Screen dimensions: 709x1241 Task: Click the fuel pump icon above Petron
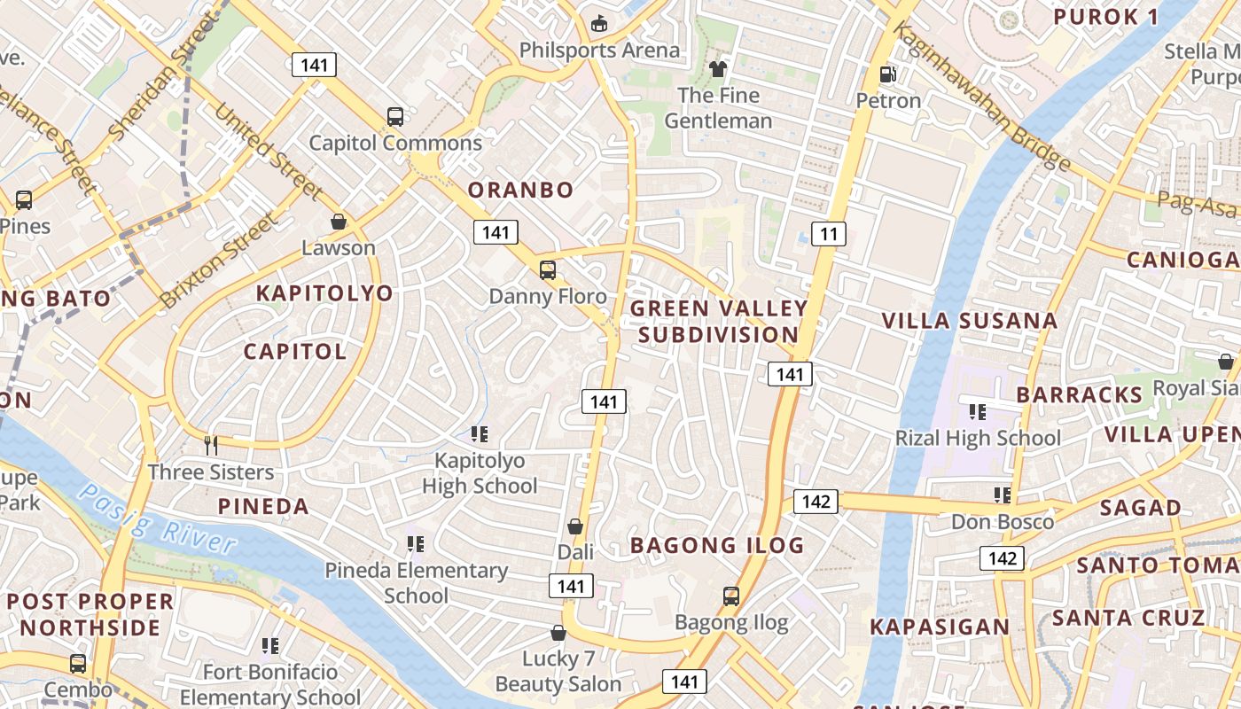click(x=886, y=74)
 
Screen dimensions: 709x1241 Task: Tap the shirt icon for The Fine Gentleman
click(x=718, y=68)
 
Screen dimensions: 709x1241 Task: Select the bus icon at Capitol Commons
click(x=395, y=116)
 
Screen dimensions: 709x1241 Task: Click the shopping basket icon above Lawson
click(x=338, y=221)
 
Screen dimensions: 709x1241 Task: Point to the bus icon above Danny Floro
click(x=548, y=270)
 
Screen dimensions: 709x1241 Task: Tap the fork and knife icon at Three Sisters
click(x=211, y=445)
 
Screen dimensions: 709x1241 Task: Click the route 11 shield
click(x=828, y=234)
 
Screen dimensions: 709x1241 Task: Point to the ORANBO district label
click(x=520, y=190)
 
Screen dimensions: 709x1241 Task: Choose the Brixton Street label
click(x=218, y=261)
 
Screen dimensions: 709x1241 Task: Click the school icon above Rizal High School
click(x=978, y=411)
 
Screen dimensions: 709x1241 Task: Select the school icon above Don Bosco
click(x=1003, y=495)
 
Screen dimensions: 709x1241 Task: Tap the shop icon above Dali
click(x=575, y=526)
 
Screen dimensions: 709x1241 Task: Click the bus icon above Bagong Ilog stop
click(x=731, y=596)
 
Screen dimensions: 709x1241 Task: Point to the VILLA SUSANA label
click(x=970, y=321)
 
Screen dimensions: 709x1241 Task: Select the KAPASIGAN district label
click(x=940, y=627)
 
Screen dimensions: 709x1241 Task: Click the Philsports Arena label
click(x=599, y=51)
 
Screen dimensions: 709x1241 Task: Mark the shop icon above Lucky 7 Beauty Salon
click(x=558, y=633)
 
